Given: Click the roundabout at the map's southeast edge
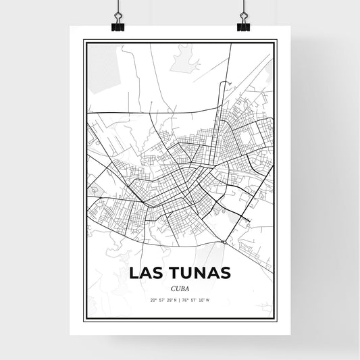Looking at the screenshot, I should pyautogui.click(x=224, y=241).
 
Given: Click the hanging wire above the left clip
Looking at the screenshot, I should pyautogui.click(x=117, y=6).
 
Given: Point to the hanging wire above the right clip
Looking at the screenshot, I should pyautogui.click(x=242, y=6).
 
